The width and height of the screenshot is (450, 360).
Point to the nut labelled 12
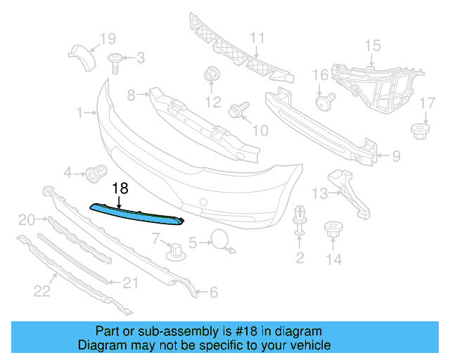tap(210, 75)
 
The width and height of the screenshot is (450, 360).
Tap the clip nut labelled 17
tap(420, 130)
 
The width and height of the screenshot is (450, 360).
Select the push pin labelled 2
tap(300, 224)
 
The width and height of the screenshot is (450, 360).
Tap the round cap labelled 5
tap(220, 240)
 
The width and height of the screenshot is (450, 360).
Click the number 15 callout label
tap(371, 46)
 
